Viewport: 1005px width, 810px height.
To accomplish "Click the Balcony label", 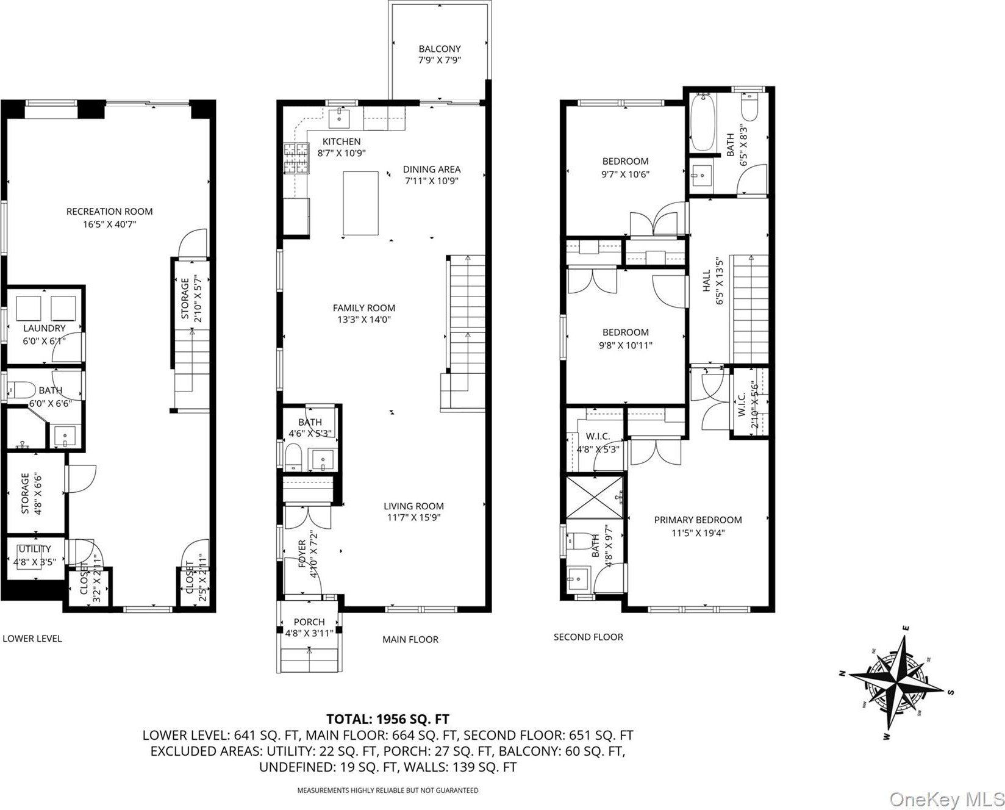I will [x=439, y=49].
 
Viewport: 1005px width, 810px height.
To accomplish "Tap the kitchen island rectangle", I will [x=361, y=203].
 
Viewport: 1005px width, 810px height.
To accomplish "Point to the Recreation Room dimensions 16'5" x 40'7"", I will [x=109, y=224].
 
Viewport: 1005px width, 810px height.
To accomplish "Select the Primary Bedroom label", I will [x=698, y=520].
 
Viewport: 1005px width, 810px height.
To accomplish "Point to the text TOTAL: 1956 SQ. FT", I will [x=388, y=719].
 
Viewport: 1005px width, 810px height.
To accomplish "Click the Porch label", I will [x=309, y=622].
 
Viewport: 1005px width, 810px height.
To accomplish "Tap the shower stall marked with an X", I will [x=595, y=495].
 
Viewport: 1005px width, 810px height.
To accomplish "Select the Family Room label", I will [x=364, y=308].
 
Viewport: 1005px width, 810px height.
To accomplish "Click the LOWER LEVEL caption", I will [x=32, y=639].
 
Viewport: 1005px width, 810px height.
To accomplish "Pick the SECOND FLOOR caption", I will [x=588, y=637].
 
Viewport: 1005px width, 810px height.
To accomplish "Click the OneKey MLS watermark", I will [x=946, y=798].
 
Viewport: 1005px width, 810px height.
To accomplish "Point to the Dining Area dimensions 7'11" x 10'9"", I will [x=431, y=181].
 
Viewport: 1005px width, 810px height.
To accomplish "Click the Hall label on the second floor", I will [x=707, y=281].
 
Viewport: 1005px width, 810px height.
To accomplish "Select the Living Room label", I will [x=413, y=506].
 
